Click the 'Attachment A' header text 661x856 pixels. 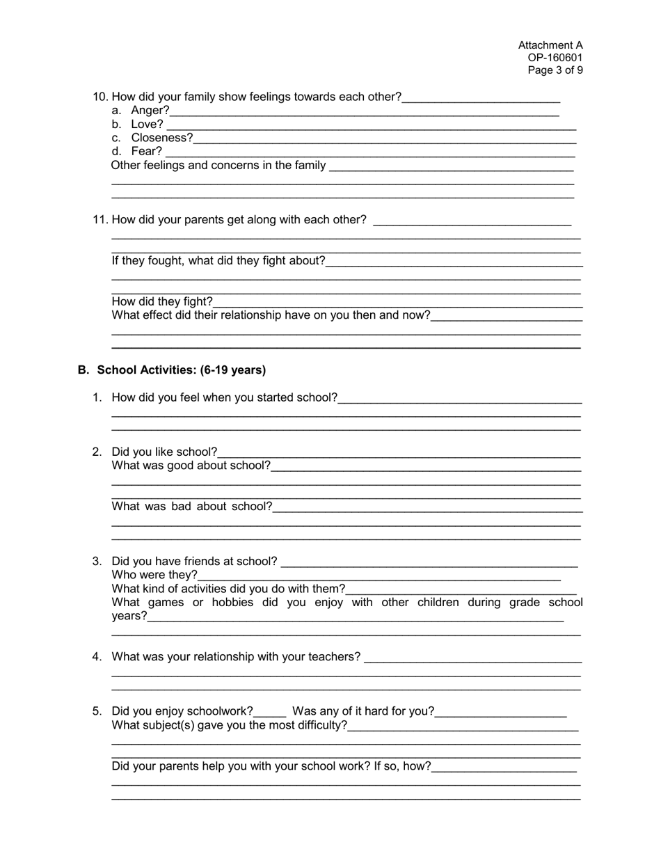tap(550, 45)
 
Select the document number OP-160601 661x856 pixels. tap(555, 58)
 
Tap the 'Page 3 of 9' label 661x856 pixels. tap(555, 70)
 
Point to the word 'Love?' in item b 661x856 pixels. tap(147, 124)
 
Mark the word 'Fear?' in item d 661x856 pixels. tap(146, 151)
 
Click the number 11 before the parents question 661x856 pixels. tap(100, 220)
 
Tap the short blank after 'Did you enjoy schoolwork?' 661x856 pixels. tap(270, 712)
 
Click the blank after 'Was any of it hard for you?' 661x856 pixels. tap(501, 712)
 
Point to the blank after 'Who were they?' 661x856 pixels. tap(379, 576)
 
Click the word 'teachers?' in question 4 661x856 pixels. tap(336, 657)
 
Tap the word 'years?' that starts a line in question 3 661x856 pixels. tap(129, 616)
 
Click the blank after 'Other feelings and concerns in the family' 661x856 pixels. tap(451, 166)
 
